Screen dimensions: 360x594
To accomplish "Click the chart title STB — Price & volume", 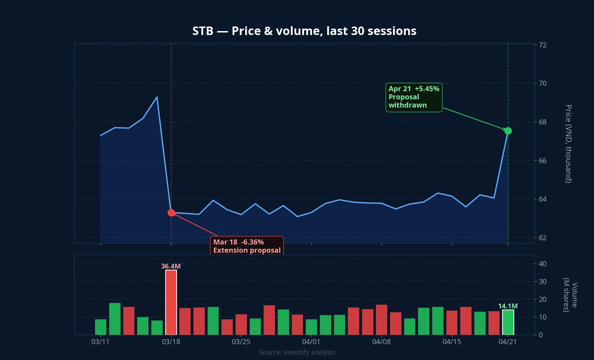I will pyautogui.click(x=304, y=31).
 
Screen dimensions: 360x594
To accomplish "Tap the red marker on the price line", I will pyautogui.click(x=171, y=213).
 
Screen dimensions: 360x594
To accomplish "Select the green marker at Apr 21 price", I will pyautogui.click(x=508, y=131).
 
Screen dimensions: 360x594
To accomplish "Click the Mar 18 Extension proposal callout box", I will pyautogui.click(x=247, y=246).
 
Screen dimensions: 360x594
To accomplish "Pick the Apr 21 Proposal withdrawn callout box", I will pyautogui.click(x=414, y=97).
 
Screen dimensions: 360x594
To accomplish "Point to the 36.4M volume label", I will pyautogui.click(x=171, y=266).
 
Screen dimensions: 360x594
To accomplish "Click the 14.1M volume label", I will pyautogui.click(x=508, y=306).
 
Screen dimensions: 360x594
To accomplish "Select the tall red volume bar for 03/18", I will pyautogui.click(x=171, y=302).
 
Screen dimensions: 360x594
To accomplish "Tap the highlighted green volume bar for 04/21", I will pyautogui.click(x=508, y=322).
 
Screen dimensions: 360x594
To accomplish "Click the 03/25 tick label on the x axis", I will pyautogui.click(x=241, y=342).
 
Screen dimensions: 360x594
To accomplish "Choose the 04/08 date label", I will pyautogui.click(x=381, y=342).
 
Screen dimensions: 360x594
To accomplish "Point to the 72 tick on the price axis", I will pyautogui.click(x=543, y=45).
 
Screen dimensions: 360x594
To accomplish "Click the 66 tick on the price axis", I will pyautogui.click(x=543, y=161).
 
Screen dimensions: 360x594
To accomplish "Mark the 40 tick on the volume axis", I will pyautogui.click(x=543, y=264).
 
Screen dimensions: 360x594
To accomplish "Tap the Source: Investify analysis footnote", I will pyautogui.click(x=297, y=352).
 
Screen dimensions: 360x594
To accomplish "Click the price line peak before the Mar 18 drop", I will pyautogui.click(x=157, y=97).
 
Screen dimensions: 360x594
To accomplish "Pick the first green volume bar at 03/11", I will pyautogui.click(x=101, y=327).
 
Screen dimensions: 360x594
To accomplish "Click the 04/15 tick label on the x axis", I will pyautogui.click(x=452, y=342).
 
